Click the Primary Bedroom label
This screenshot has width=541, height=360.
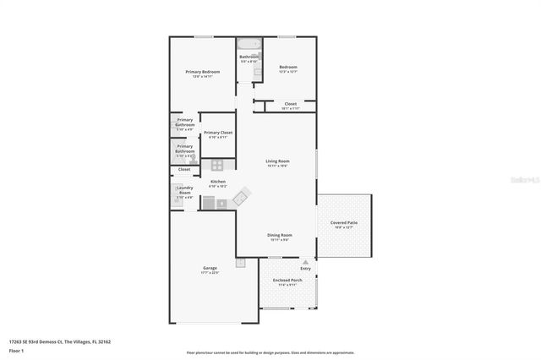click(203, 73)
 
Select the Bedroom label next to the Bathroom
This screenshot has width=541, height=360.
click(288, 68)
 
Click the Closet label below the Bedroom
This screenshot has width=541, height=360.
click(290, 104)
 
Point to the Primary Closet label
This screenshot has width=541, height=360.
click(218, 133)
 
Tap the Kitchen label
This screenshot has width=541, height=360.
click(218, 182)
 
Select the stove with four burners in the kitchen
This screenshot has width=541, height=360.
click(217, 165)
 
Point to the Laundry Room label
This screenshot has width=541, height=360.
click(184, 191)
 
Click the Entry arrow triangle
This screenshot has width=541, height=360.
click(305, 263)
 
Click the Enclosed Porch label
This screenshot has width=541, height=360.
click(288, 281)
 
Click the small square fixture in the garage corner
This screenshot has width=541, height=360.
click(241, 263)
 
